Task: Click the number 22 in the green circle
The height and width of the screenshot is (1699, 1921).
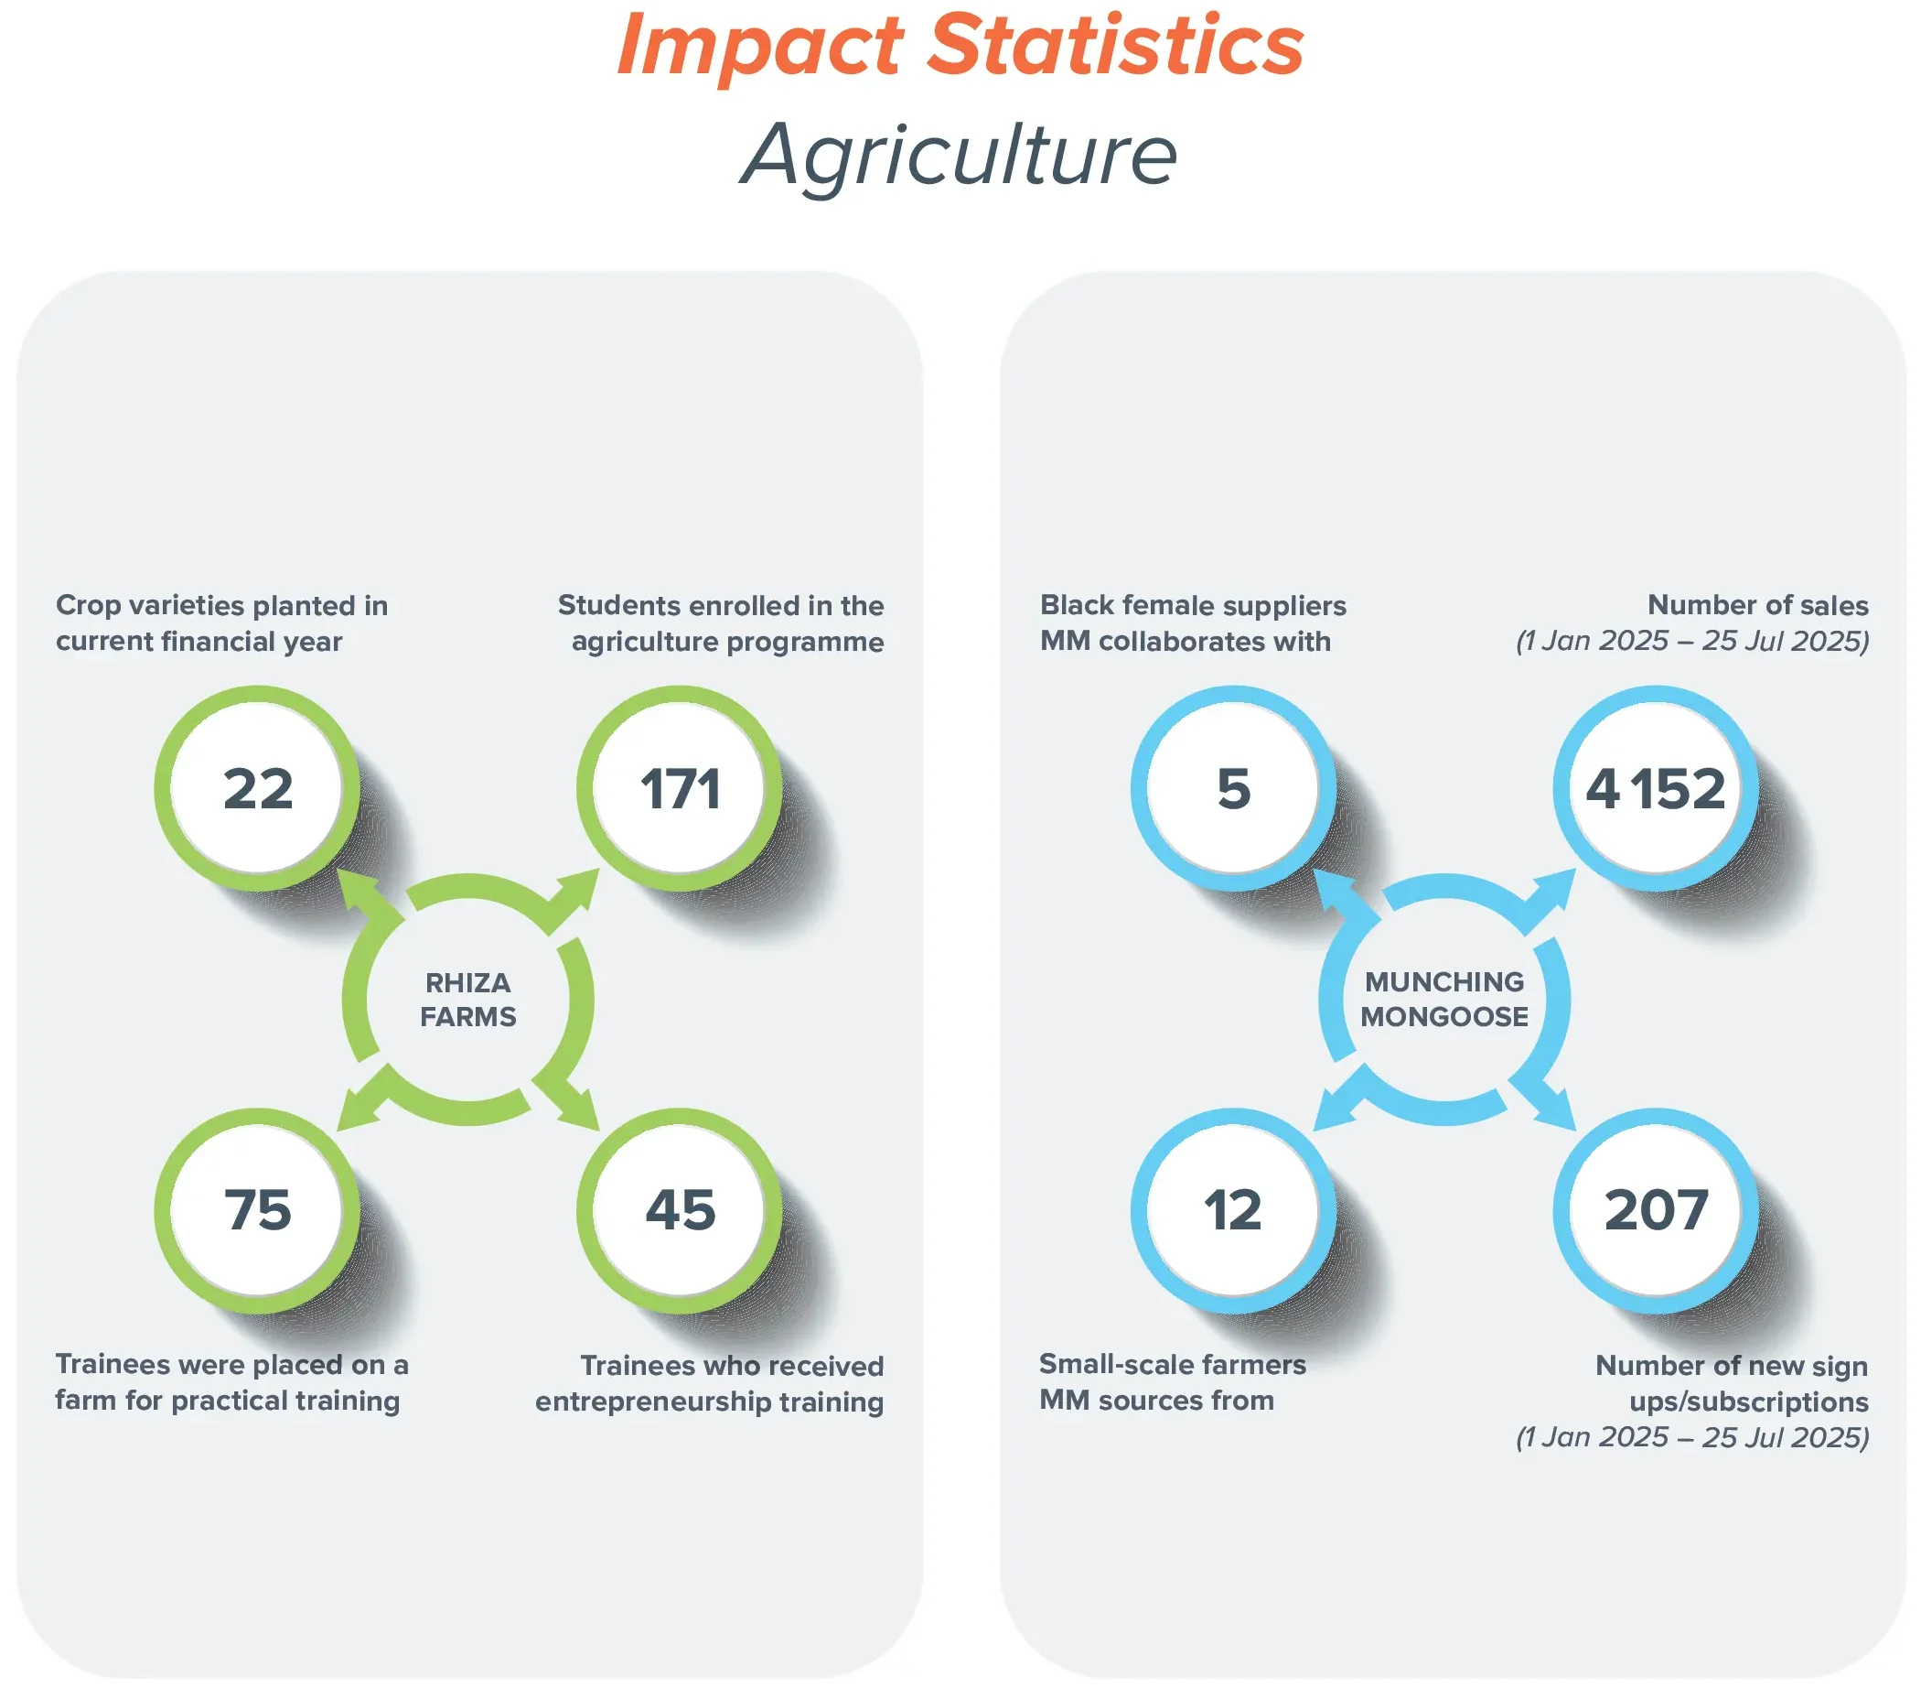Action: (258, 789)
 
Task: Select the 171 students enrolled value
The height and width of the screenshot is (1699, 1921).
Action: (680, 789)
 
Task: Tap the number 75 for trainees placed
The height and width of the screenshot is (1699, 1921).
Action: (258, 1210)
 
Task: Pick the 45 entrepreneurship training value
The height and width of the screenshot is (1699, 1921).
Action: (680, 1210)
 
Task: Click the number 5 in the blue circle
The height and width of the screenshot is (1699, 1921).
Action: (1233, 789)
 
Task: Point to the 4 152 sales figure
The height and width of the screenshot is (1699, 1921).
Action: (1655, 789)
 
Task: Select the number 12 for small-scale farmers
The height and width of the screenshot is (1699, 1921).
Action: (1233, 1210)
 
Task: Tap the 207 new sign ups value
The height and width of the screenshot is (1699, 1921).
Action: (1655, 1210)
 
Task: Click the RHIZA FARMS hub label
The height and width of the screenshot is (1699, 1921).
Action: (468, 1000)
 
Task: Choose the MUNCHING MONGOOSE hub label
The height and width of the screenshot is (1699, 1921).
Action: (1444, 1000)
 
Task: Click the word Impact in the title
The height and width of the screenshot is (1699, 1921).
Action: (759, 47)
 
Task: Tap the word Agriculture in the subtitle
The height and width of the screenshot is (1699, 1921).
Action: (960, 154)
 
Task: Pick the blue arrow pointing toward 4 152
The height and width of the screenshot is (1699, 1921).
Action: (1551, 893)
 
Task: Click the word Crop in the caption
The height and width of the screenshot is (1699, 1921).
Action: (87, 606)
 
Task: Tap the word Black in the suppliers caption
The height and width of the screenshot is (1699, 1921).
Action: (1076, 605)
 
